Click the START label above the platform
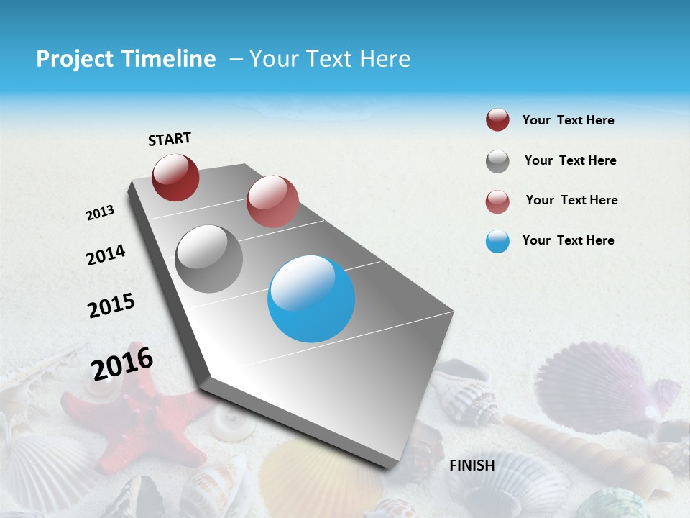(170, 139)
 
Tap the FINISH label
(471, 465)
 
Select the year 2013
(100, 213)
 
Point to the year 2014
(106, 255)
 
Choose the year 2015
(111, 306)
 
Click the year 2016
(122, 363)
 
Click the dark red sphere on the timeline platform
(175, 177)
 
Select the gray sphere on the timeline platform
(208, 259)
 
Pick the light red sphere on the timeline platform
(272, 201)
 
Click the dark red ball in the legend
(497, 120)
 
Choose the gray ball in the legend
(497, 161)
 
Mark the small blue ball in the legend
(497, 241)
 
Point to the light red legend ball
(497, 201)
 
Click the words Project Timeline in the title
(126, 59)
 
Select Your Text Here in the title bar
(330, 59)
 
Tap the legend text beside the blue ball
(568, 240)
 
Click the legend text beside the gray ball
(570, 160)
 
